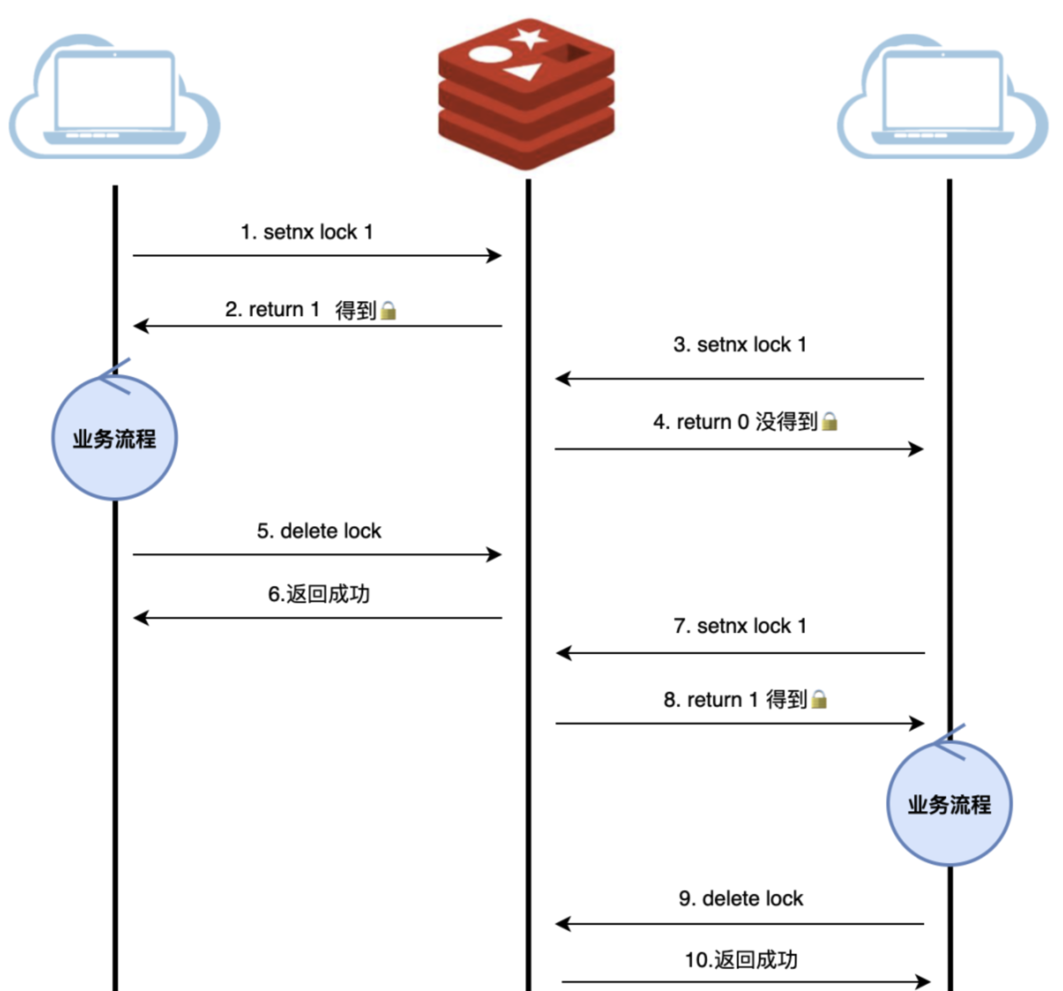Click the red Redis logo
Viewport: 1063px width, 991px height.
pos(526,94)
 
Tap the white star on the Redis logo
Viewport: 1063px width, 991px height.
pos(529,38)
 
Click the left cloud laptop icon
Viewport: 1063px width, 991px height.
pos(114,97)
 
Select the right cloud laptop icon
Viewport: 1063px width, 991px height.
pos(942,97)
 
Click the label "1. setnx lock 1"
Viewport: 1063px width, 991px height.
pos(307,232)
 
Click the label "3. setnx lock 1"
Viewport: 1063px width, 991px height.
pos(740,345)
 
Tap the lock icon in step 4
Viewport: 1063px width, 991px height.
pos(829,421)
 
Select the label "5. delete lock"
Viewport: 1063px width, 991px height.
pos(319,531)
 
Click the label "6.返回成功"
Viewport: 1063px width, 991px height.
pos(319,594)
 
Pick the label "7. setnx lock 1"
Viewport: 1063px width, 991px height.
pos(740,626)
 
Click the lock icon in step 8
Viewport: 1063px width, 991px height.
pos(819,700)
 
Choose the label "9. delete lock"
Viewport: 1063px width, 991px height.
pos(741,899)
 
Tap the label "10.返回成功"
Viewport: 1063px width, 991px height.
pos(741,960)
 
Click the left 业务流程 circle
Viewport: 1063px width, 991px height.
pos(114,438)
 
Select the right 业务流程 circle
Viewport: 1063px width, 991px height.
pos(949,804)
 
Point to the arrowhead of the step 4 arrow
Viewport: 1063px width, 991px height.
pos(916,449)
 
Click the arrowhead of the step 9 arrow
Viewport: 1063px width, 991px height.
pos(562,924)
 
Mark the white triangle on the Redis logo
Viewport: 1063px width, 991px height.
pos(524,72)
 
